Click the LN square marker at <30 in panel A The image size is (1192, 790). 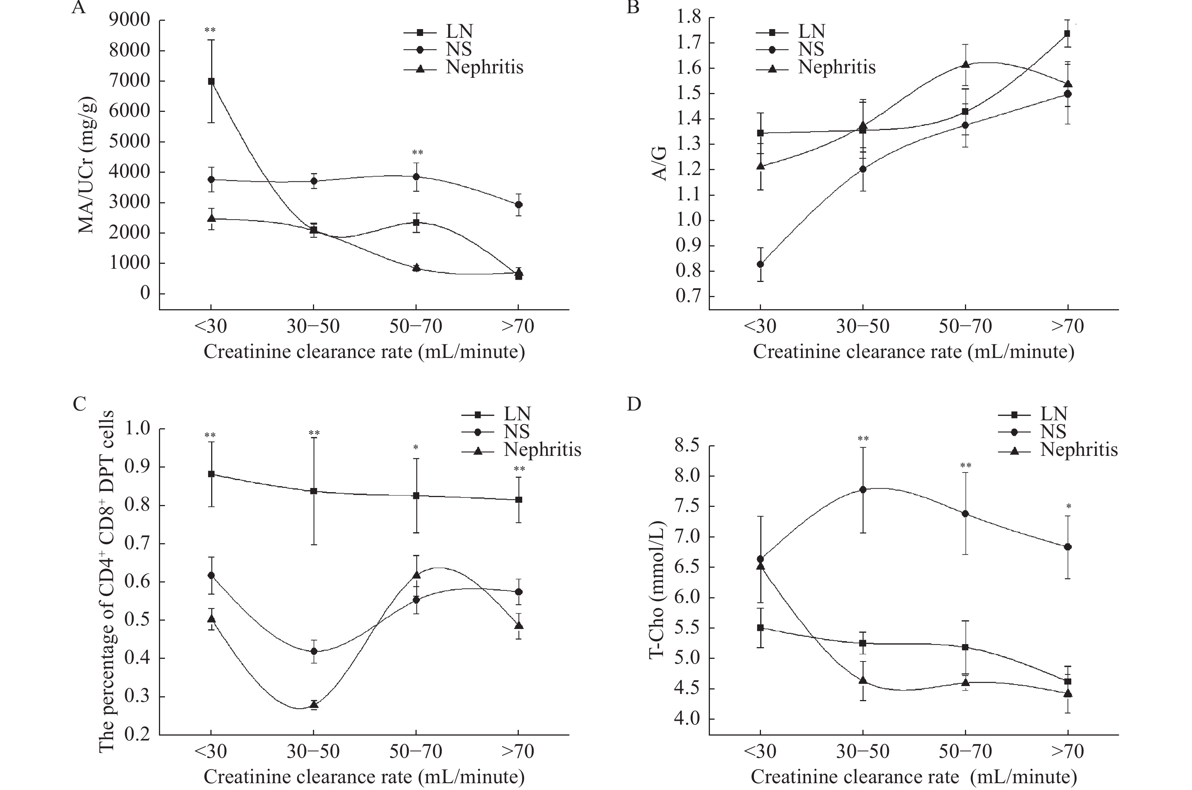click(x=211, y=81)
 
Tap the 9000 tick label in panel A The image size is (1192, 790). click(x=130, y=20)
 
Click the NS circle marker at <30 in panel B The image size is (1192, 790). click(x=760, y=264)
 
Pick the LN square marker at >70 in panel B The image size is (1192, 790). click(x=1067, y=34)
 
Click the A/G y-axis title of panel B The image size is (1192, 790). click(x=660, y=164)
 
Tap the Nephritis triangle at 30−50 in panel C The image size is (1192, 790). click(x=314, y=704)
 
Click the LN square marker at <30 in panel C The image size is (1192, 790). click(x=211, y=474)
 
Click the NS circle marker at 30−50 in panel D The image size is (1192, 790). click(x=863, y=489)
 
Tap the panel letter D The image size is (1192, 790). click(x=634, y=404)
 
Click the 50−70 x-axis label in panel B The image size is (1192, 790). click(x=965, y=326)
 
